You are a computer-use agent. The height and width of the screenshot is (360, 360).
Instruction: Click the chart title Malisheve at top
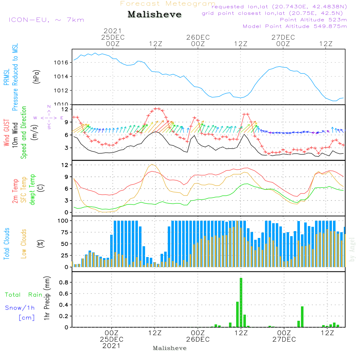tap(155, 15)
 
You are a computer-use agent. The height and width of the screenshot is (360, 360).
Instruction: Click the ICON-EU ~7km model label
tap(46, 20)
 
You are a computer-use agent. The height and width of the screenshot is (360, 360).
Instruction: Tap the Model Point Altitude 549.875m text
tap(295, 26)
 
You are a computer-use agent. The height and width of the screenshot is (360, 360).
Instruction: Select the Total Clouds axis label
tap(7, 244)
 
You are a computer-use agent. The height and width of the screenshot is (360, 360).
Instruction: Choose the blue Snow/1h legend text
tap(20, 308)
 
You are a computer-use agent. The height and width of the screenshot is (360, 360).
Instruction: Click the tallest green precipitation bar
tap(241, 302)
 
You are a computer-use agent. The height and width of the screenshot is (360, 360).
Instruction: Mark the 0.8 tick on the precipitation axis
tap(64, 283)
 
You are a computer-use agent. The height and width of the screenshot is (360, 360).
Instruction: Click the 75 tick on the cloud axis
tap(64, 232)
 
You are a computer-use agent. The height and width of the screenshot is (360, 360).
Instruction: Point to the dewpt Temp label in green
tap(33, 190)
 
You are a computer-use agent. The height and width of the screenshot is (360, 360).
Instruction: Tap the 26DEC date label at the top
tap(198, 37)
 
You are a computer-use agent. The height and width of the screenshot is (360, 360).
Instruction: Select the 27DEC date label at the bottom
tap(284, 339)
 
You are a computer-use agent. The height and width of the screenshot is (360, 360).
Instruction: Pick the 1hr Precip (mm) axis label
tap(47, 298)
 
